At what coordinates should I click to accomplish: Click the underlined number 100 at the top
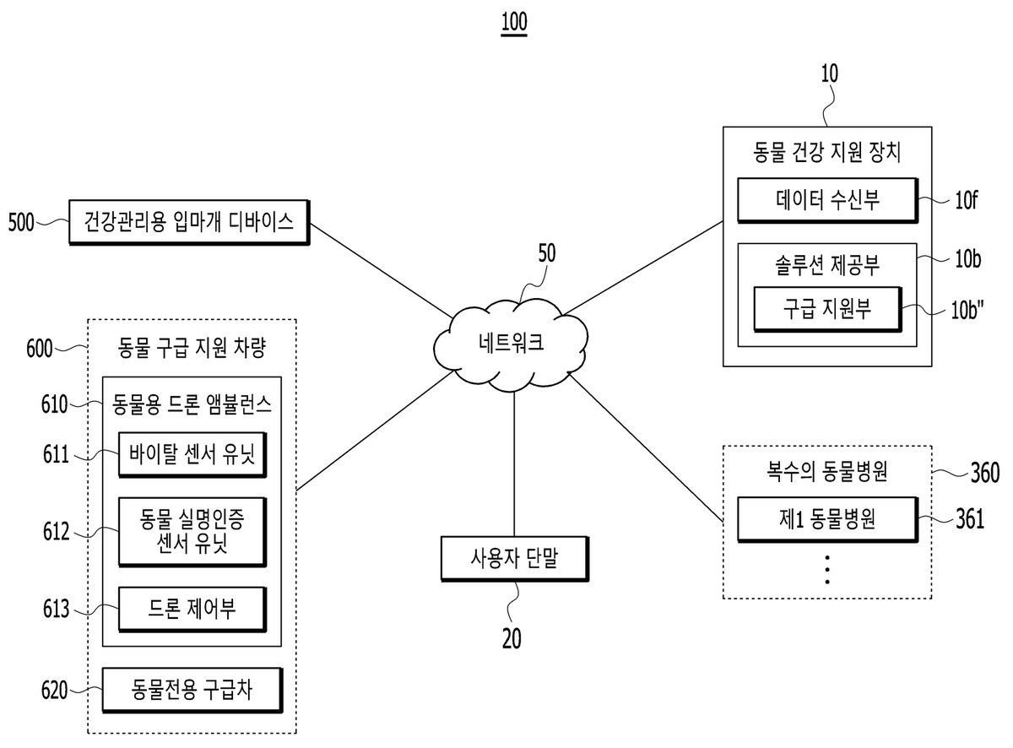pos(514,23)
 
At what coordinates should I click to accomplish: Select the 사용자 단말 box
pos(514,558)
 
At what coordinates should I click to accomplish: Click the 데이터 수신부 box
pos(827,200)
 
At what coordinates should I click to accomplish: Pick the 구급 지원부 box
pos(827,309)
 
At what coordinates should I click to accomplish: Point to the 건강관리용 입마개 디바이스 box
pos(189,223)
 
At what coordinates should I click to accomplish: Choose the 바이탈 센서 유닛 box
pos(192,455)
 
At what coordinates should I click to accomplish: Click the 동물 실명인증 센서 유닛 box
pos(192,532)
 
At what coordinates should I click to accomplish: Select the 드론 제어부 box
pos(192,609)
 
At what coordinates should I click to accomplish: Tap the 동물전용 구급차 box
pos(192,690)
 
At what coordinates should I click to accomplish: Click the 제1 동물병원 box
pos(827,519)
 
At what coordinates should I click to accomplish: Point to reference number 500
pos(21,223)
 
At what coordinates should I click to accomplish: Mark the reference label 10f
pos(966,200)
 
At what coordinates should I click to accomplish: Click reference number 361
pos(970,518)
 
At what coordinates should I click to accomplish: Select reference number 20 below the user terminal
pos(512,639)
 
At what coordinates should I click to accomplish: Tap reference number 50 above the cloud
pos(547,253)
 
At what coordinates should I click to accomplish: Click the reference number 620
pos(54,690)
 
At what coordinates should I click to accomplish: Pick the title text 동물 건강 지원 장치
pos(827,153)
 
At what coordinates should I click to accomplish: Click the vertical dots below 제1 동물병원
pos(827,569)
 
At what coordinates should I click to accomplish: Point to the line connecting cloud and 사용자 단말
pos(514,463)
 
